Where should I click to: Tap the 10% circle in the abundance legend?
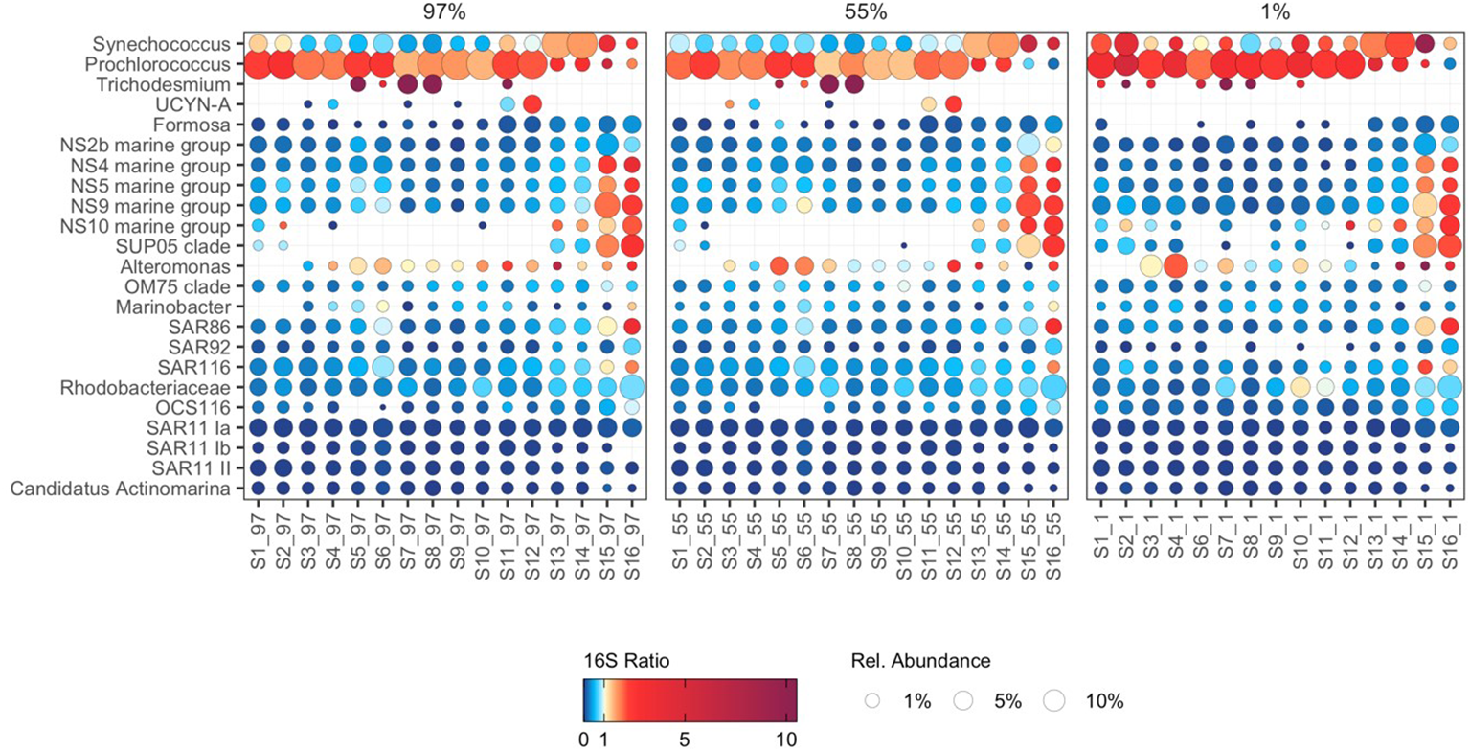1054,701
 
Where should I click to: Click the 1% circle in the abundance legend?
871,701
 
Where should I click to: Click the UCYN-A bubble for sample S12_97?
533,103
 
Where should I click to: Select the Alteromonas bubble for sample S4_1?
1176,265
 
